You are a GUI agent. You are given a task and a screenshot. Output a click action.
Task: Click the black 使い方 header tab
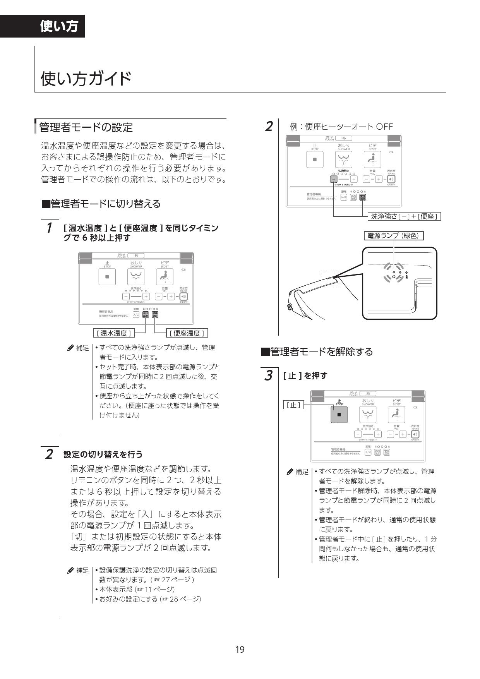coord(59,26)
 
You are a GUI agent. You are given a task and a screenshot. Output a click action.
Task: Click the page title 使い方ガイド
coord(86,79)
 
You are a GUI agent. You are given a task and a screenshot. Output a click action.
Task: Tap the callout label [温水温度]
coord(113,333)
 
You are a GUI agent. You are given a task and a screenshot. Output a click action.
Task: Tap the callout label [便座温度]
coord(187,333)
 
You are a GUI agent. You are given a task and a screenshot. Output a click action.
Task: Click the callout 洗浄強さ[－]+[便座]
coord(404,216)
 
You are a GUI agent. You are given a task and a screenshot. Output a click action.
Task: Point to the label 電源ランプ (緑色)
coord(393,235)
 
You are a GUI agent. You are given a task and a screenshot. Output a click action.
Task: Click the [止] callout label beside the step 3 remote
coord(293,405)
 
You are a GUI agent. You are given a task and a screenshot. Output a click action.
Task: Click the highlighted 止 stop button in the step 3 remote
coord(339,415)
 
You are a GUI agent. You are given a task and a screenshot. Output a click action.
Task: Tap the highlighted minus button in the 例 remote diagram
coord(334,179)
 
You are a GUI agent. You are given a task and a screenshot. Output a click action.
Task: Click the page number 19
coord(240,649)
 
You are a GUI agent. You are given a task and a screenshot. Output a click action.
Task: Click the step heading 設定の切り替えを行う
coord(103,454)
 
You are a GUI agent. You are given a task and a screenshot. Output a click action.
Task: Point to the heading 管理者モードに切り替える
coord(101,204)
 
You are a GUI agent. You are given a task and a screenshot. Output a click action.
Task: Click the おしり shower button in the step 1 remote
coord(136,277)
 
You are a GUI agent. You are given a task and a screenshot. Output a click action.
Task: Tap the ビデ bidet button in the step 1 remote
coord(165,277)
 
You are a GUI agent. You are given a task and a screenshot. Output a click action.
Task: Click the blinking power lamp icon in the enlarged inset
coord(393,276)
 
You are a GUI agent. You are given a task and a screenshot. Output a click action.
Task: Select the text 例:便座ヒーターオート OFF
coord(341,127)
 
